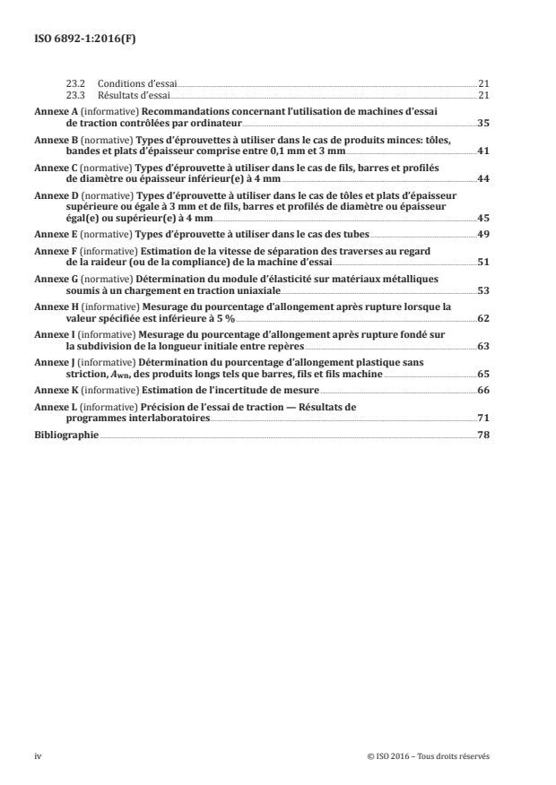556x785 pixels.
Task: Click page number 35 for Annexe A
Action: (482, 121)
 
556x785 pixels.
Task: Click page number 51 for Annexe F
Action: (482, 262)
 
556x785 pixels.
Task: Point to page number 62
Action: (482, 317)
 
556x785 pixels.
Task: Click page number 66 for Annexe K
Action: (482, 390)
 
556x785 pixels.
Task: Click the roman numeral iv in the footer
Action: (38, 756)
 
